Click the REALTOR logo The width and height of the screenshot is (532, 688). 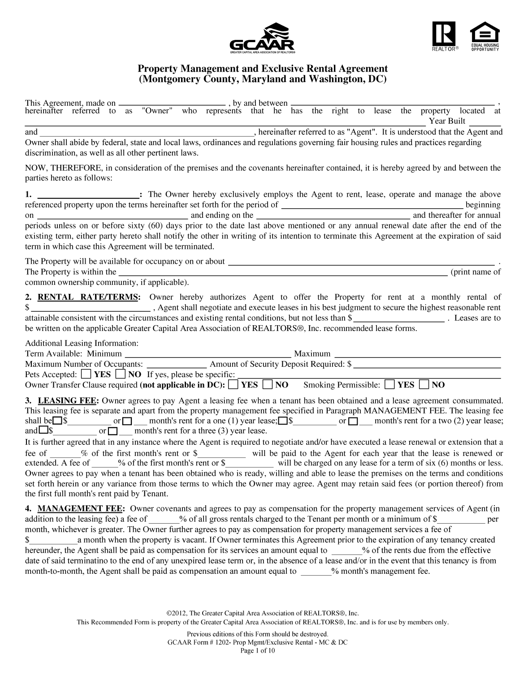[444, 36]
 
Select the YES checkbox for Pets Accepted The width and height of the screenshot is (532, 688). [87, 374]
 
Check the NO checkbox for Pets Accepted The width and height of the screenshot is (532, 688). [121, 374]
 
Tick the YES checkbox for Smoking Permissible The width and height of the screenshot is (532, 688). [390, 385]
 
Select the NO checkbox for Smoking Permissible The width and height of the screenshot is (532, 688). [424, 385]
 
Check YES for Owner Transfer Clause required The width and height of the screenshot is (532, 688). [233, 385]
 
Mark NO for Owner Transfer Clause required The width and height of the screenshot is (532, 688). [268, 385]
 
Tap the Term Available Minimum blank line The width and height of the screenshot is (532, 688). [207, 354]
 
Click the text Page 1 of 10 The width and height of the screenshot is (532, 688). [258, 651]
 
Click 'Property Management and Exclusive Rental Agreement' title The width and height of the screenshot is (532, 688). [262, 69]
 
